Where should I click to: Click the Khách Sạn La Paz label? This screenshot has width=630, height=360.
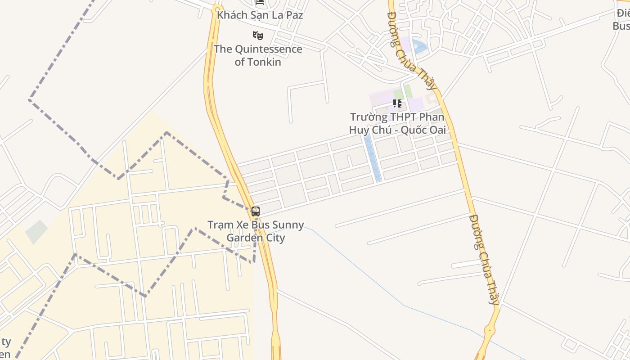[x=260, y=15]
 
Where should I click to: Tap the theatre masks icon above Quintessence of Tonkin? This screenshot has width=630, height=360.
[x=257, y=35]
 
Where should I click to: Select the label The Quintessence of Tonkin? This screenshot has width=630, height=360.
[x=258, y=55]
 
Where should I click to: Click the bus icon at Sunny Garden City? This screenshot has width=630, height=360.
[x=256, y=211]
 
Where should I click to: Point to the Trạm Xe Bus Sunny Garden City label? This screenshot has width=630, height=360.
[x=256, y=231]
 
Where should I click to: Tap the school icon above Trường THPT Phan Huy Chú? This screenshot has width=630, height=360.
[x=397, y=103]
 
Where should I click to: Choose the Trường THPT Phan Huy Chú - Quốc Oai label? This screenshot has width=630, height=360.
[x=397, y=124]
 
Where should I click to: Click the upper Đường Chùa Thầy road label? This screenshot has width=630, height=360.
[x=412, y=50]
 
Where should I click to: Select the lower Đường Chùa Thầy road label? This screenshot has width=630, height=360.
[x=484, y=259]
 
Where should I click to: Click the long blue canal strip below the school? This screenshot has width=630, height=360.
[x=372, y=157]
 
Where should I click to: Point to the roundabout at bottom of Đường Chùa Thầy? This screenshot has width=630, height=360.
[x=489, y=331]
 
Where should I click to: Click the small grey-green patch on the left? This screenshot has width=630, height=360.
[x=36, y=232]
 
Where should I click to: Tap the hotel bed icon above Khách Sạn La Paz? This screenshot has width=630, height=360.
[x=260, y=2]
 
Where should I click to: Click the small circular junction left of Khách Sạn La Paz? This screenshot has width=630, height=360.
[x=217, y=9]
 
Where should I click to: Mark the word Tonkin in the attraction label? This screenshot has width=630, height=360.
[x=258, y=62]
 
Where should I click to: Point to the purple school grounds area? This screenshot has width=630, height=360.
[x=417, y=104]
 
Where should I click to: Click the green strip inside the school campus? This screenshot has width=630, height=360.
[x=408, y=91]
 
